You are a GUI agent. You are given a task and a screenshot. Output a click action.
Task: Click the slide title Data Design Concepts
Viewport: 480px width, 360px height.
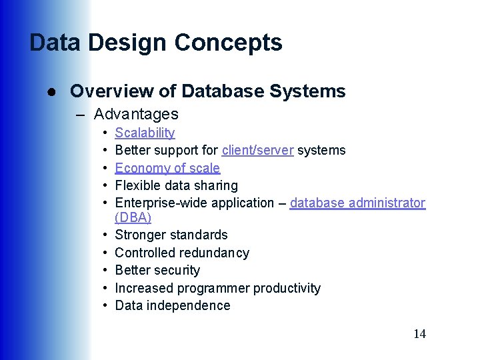(x=156, y=43)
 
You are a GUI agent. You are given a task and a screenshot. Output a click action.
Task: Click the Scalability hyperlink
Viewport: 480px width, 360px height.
(x=145, y=133)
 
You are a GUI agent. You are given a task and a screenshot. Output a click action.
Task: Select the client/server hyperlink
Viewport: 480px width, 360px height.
(x=257, y=150)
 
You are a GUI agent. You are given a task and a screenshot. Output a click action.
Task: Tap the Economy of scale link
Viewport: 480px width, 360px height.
(x=167, y=168)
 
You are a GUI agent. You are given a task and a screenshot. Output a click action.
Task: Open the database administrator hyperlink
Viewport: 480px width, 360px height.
(x=357, y=203)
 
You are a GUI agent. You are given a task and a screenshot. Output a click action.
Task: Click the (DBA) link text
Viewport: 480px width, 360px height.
(x=133, y=218)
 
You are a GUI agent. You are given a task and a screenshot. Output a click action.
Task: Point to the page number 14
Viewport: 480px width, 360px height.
(x=419, y=334)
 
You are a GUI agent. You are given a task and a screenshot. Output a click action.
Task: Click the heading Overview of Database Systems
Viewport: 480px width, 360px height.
(x=207, y=91)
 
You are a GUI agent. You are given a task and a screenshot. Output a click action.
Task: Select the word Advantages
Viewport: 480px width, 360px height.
(x=136, y=114)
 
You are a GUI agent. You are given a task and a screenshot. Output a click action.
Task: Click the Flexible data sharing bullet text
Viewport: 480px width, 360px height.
(x=176, y=185)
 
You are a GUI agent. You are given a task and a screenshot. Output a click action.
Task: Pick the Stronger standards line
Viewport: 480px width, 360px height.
(x=171, y=235)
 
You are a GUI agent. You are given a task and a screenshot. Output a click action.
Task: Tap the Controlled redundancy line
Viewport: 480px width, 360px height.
(x=182, y=253)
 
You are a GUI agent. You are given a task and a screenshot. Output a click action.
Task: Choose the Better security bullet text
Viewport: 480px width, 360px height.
(x=157, y=270)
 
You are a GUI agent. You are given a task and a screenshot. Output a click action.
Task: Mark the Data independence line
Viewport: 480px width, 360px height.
(x=173, y=305)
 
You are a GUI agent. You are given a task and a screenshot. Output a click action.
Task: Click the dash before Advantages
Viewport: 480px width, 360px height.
(x=81, y=115)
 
